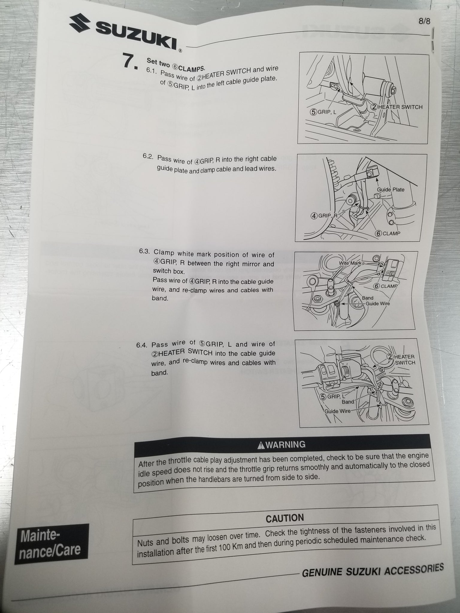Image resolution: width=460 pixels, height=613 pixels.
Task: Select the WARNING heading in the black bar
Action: [x=285, y=444]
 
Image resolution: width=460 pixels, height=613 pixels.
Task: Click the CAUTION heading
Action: [x=285, y=518]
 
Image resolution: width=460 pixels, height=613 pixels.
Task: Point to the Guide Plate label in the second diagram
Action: [x=391, y=189]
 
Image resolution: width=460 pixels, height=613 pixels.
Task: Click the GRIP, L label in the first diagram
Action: [x=323, y=112]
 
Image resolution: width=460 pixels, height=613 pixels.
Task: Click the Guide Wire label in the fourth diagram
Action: [x=338, y=411]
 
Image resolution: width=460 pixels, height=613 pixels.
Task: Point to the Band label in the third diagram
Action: [x=367, y=298]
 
